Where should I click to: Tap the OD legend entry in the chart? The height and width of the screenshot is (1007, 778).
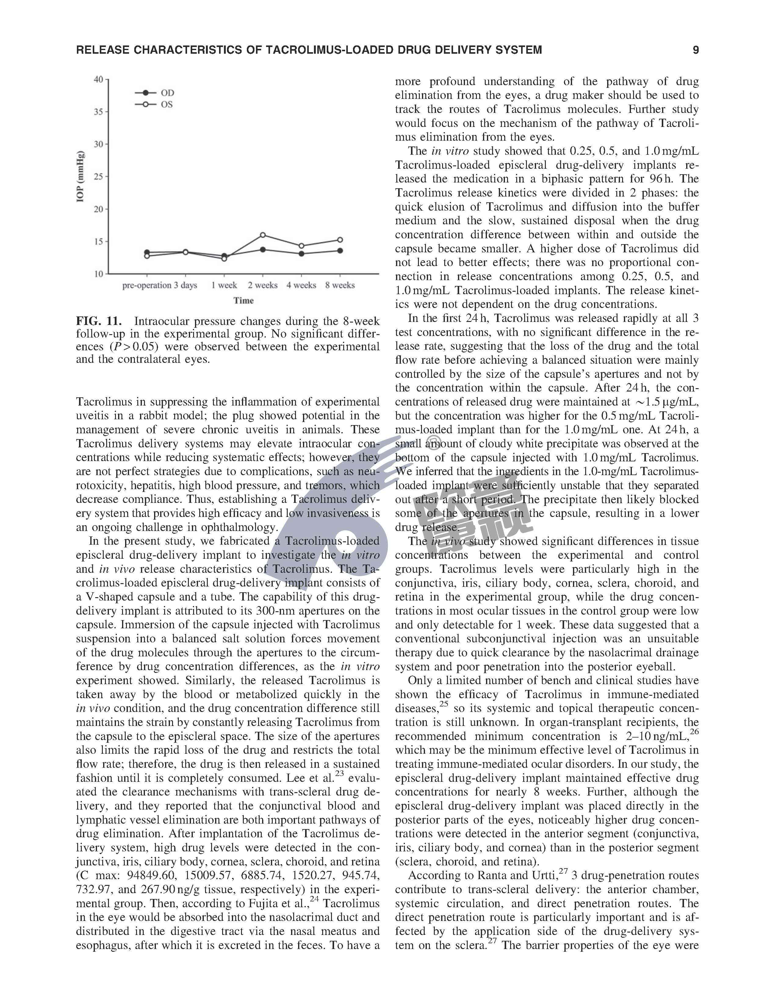(167, 93)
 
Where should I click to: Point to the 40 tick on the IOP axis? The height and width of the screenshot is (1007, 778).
(98, 79)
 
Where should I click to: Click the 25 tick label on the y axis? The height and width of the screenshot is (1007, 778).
(98, 177)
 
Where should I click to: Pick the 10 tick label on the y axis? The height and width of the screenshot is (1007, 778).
(98, 274)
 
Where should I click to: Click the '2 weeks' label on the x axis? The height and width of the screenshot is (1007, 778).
(263, 285)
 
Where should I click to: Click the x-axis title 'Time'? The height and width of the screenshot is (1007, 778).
(243, 301)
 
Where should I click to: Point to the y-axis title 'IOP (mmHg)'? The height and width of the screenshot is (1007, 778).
(81, 177)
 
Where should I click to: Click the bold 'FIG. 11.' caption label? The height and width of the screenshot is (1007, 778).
(99, 321)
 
